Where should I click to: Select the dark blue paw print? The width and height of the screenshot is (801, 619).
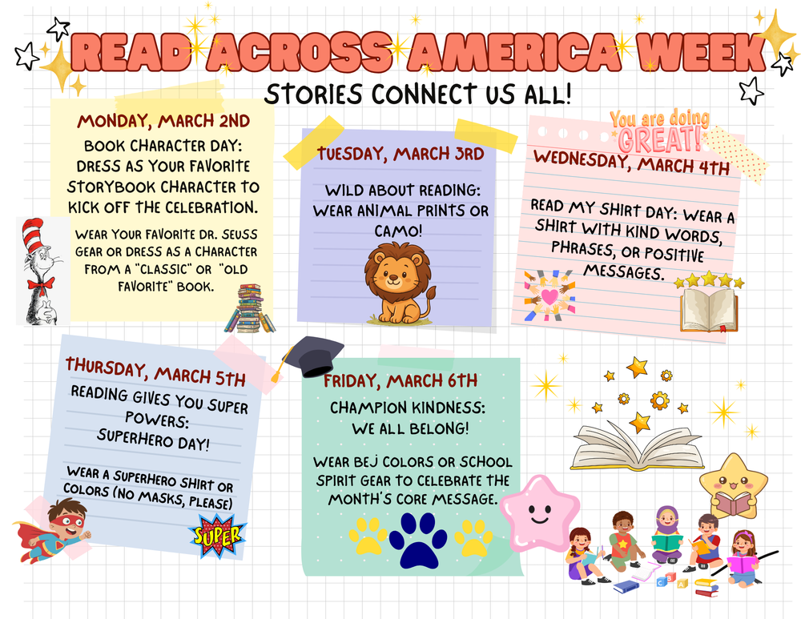point(418,543)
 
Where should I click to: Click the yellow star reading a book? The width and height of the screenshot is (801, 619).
point(733,485)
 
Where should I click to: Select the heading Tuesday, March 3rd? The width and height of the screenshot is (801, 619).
point(400,153)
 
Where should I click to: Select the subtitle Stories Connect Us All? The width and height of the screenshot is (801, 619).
point(418,94)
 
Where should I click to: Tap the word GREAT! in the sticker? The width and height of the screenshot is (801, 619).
point(660,140)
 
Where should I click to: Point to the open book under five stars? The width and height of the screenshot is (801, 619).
point(709,310)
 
